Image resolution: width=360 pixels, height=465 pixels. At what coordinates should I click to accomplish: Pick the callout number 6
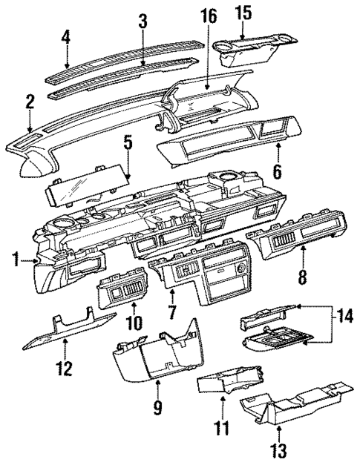click(x=278, y=171)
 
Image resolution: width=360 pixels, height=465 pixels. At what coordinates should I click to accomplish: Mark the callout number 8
click(x=304, y=277)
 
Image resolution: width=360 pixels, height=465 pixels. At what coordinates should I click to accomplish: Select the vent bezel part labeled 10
click(x=126, y=295)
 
